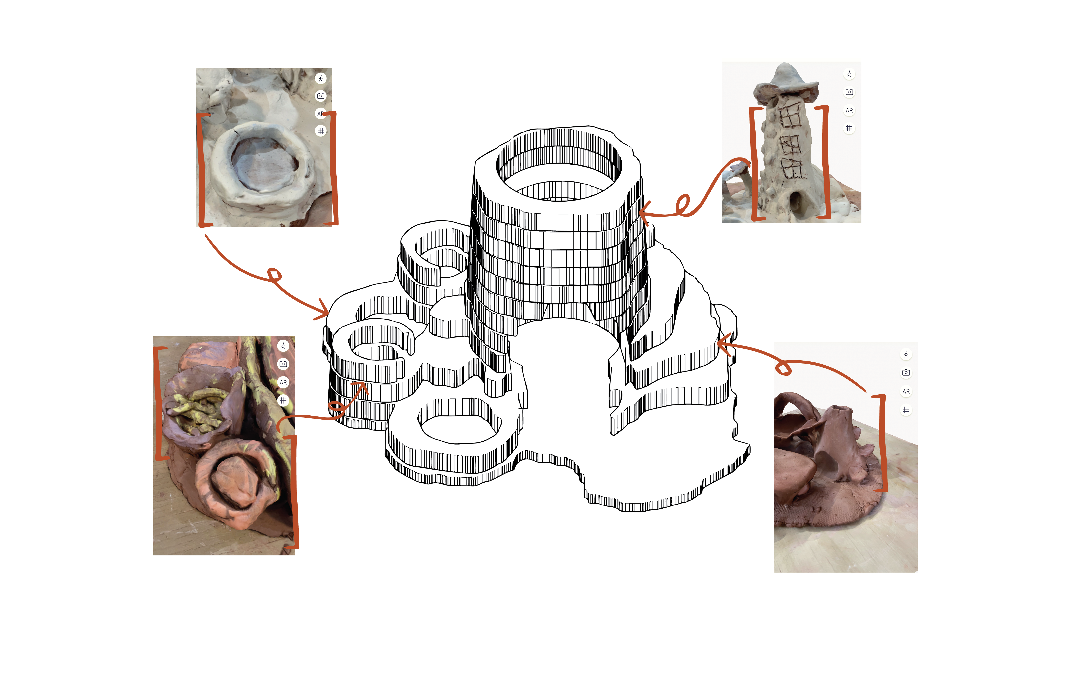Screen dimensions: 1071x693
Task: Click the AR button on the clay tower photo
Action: click(x=849, y=110)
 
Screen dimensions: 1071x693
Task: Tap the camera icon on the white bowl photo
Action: click(x=320, y=96)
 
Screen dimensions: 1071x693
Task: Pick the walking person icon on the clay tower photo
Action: click(x=849, y=74)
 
